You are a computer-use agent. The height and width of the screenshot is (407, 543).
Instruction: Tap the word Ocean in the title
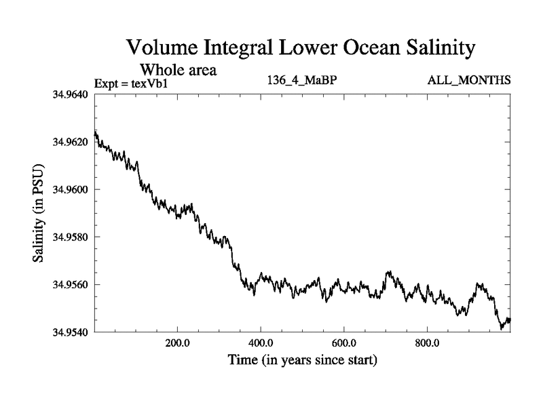tap(353, 48)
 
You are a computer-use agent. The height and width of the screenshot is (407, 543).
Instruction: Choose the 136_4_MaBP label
tap(303, 81)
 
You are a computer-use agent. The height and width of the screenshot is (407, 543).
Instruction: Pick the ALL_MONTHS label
tap(468, 81)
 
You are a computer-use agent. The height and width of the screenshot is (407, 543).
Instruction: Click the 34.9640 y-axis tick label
tap(71, 94)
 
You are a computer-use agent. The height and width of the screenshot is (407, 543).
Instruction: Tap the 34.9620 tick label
tap(71, 142)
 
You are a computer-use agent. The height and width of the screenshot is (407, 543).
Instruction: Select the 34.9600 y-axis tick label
tap(71, 189)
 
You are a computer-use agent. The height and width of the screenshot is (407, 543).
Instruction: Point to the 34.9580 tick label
tap(71, 237)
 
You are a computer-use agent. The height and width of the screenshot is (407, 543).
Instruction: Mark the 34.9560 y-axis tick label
tap(71, 284)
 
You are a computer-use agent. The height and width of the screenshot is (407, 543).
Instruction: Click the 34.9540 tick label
tap(71, 332)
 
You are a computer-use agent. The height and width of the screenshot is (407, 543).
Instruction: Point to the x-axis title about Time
tap(303, 359)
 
